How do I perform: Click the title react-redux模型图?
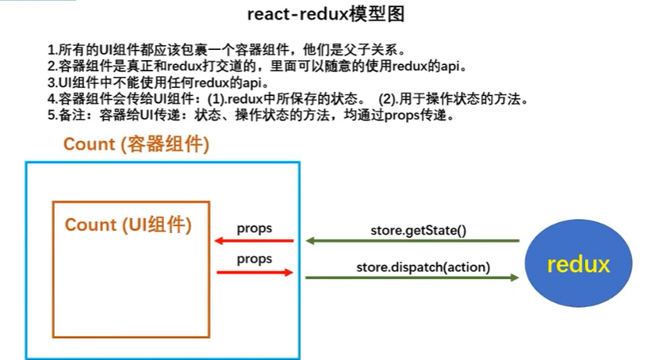coord(326,14)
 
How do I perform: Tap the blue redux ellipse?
coord(578,263)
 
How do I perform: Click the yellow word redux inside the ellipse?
coord(578,264)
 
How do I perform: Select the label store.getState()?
coord(418,230)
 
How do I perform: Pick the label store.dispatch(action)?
coord(423,267)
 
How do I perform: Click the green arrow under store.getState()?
coord(412,241)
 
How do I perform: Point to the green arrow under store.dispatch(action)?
coord(412,278)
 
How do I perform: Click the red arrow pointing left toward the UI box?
coord(254,241)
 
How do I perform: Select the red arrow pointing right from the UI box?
coord(255,273)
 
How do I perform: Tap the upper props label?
coord(255,228)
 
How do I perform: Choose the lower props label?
coord(255,259)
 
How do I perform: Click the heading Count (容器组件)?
coord(136,144)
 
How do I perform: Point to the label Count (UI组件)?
coord(128,224)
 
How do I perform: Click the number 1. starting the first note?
coord(52,50)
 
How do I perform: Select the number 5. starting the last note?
coord(52,115)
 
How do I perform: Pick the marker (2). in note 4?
coord(387,99)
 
